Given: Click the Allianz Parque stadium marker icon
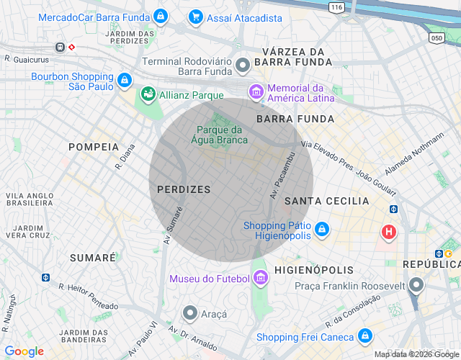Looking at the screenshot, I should (148, 94).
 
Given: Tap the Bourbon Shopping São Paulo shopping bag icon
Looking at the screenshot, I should (125, 79).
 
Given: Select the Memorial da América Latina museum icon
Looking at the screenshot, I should (255, 91).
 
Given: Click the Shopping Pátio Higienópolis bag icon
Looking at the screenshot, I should (322, 230).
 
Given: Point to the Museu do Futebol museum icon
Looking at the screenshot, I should (261, 279).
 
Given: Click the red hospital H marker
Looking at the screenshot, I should (389, 233).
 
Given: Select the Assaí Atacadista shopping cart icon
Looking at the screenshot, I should (194, 17).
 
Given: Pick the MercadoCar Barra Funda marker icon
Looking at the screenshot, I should (160, 16).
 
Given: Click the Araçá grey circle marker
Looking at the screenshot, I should (190, 313).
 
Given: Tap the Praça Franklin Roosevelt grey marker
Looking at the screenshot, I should (416, 287).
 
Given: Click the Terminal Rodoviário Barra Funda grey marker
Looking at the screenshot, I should (243, 66).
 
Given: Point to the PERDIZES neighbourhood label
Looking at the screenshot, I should (184, 189).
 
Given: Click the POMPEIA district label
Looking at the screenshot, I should (94, 146).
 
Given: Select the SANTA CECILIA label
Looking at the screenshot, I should (327, 201).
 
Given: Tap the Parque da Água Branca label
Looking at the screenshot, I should (222, 135).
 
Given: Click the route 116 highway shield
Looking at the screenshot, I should (335, 6).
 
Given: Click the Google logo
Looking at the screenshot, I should (24, 351).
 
